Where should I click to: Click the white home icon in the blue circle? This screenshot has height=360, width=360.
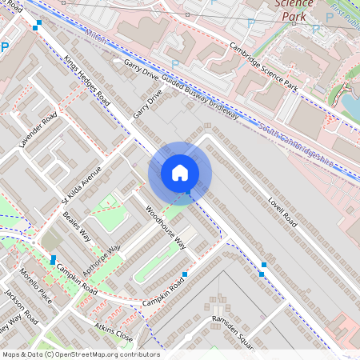(x=180, y=173)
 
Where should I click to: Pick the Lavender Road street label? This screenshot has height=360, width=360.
(x=38, y=130)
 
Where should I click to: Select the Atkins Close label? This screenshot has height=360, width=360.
(x=112, y=331)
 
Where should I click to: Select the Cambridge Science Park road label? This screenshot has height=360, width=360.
(x=262, y=66)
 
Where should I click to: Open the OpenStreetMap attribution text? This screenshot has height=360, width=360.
(x=80, y=354)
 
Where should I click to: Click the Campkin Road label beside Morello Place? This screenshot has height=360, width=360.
(x=76, y=280)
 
